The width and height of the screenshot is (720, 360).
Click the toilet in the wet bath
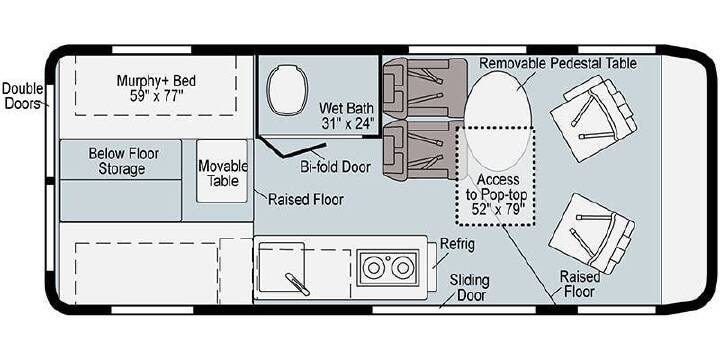286,90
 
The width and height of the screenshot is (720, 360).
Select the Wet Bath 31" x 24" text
347,116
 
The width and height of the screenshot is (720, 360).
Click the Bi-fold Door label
336,167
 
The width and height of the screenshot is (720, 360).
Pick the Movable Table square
222,171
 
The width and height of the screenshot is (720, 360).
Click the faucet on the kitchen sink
297,284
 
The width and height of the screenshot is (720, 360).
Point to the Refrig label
457,244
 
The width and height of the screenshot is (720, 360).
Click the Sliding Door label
469,287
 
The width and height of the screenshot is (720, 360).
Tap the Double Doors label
23,96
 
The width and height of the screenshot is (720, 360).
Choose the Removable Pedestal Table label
558,63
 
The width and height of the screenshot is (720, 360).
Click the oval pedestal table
498,120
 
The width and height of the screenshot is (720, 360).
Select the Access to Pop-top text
498,187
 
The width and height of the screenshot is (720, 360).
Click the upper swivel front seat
594,118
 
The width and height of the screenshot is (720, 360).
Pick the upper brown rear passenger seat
425,88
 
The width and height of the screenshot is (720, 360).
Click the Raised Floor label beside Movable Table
306,200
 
